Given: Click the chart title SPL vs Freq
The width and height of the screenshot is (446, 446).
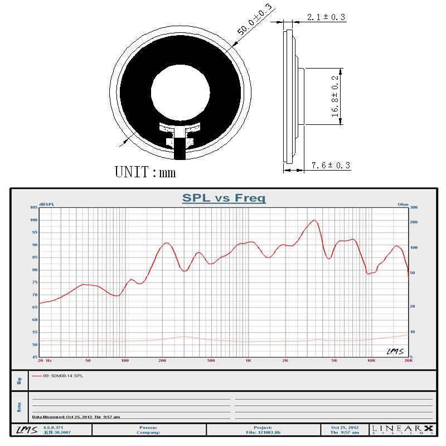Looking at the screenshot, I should pos(224,198).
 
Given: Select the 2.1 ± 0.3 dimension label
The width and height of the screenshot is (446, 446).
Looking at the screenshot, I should pos(326,17).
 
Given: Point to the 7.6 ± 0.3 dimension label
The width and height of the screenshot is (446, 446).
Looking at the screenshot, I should pos(330,166).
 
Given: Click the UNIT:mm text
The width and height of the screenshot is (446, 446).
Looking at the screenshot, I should pos(145,172).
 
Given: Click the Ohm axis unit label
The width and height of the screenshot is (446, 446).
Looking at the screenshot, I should pos(403,204).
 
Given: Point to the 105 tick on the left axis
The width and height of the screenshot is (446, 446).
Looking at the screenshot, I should pos(33,207).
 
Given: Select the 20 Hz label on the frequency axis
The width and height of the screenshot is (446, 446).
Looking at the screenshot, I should pos(45,361).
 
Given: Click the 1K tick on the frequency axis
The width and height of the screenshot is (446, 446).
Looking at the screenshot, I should pos(248,361).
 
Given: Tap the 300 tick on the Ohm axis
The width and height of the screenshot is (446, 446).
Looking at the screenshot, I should pos(413,207).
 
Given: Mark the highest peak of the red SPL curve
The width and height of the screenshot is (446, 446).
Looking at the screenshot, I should pos(315,220).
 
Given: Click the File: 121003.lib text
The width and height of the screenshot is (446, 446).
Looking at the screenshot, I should pos(264,432).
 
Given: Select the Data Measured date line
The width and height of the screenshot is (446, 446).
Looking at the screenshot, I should pos(76,416).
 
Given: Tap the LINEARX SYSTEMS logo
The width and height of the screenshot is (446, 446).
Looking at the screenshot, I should pos(403,429).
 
